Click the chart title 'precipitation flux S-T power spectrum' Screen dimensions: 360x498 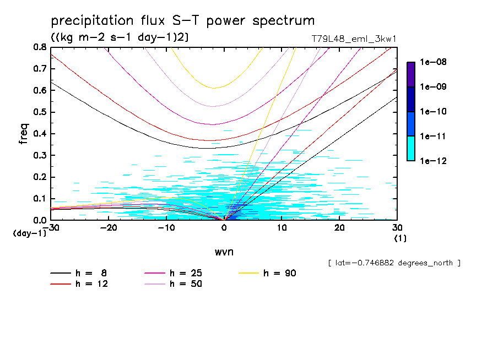click(182, 21)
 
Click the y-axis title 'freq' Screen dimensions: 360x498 click(24, 134)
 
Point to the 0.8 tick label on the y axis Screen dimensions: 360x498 click(39, 47)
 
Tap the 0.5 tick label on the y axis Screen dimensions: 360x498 click(39, 112)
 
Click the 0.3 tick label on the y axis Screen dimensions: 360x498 click(39, 155)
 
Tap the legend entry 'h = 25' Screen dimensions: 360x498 click(185, 273)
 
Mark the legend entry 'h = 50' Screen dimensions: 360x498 click(185, 284)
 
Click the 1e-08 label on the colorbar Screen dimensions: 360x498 click(433, 62)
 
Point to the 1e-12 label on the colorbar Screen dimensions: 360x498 click(433, 161)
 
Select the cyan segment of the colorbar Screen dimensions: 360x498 click(410, 148)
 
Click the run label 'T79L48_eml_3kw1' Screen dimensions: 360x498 click(354, 39)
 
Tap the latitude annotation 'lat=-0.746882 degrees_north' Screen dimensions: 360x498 click(394, 263)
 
